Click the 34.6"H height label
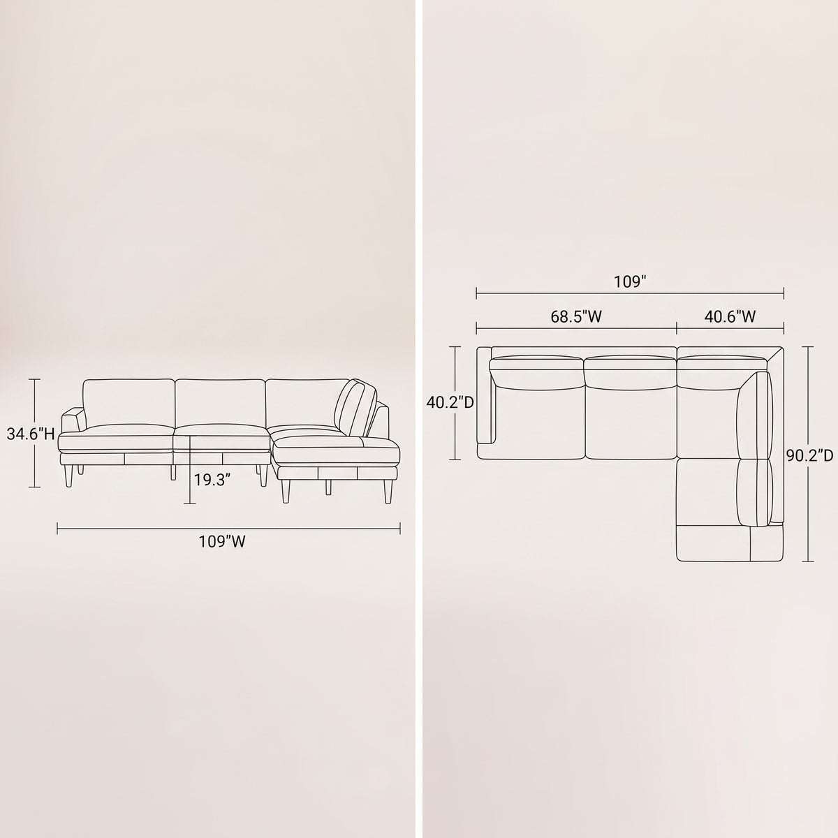click(x=31, y=434)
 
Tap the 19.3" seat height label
click(x=212, y=480)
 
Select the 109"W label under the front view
click(x=222, y=541)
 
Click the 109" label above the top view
click(x=630, y=282)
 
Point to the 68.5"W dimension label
click(x=576, y=316)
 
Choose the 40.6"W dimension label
click(x=730, y=316)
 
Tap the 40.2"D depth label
click(x=450, y=403)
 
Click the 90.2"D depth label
click(x=809, y=455)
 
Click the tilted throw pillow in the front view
click(x=355, y=407)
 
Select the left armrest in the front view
click(x=73, y=418)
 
